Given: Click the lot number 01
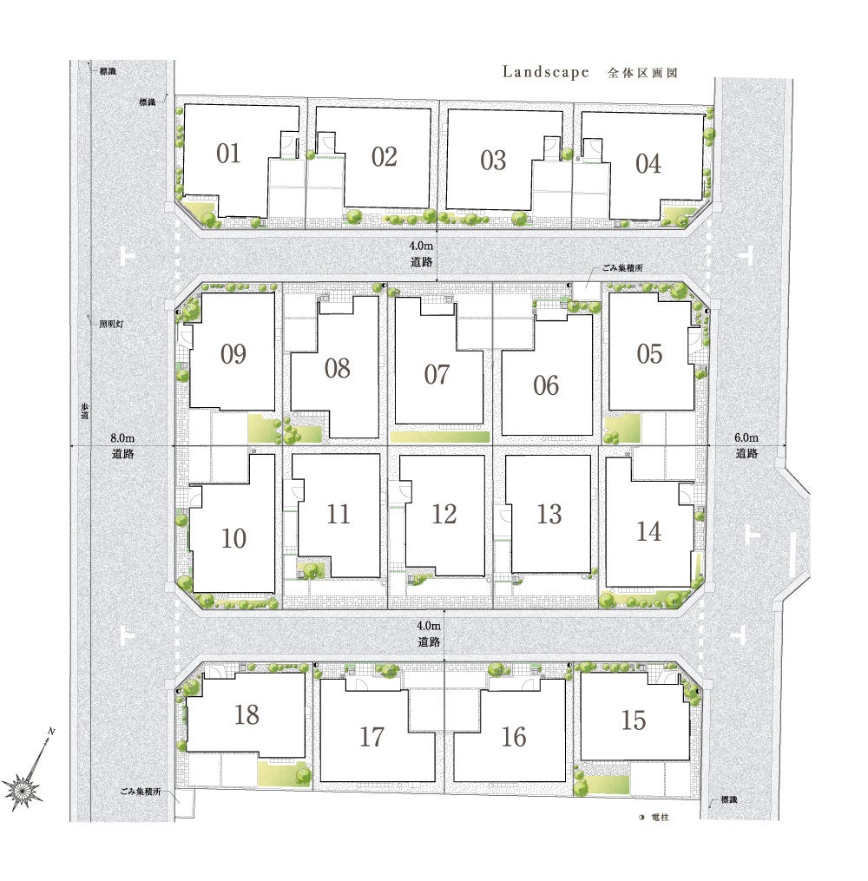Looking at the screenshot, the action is coord(228,154).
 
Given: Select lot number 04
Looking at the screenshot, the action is coord(648,164).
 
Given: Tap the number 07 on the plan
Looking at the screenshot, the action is coord(437,375).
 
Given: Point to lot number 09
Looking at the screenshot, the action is coord(233,354).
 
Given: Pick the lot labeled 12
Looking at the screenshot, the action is coord(444,514).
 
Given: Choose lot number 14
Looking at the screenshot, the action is coord(648,531).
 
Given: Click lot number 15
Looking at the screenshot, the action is coord(633,720).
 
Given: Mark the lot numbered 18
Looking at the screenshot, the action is coord(247,714).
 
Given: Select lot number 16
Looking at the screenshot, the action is coord(514,737).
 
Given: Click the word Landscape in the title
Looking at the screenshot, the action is coord(545,72).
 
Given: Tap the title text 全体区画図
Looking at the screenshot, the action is coord(642,73).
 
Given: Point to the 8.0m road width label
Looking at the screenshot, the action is coord(122,437).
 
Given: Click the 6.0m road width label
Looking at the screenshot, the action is coord(746,437).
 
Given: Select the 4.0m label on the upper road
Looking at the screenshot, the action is coord(421,246).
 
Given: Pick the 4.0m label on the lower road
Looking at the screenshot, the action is coord(429,625).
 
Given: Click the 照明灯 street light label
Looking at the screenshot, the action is coord(111,325).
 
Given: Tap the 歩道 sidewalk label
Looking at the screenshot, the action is coord(84,411).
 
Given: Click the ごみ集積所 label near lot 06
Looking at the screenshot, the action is coord(622,268).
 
